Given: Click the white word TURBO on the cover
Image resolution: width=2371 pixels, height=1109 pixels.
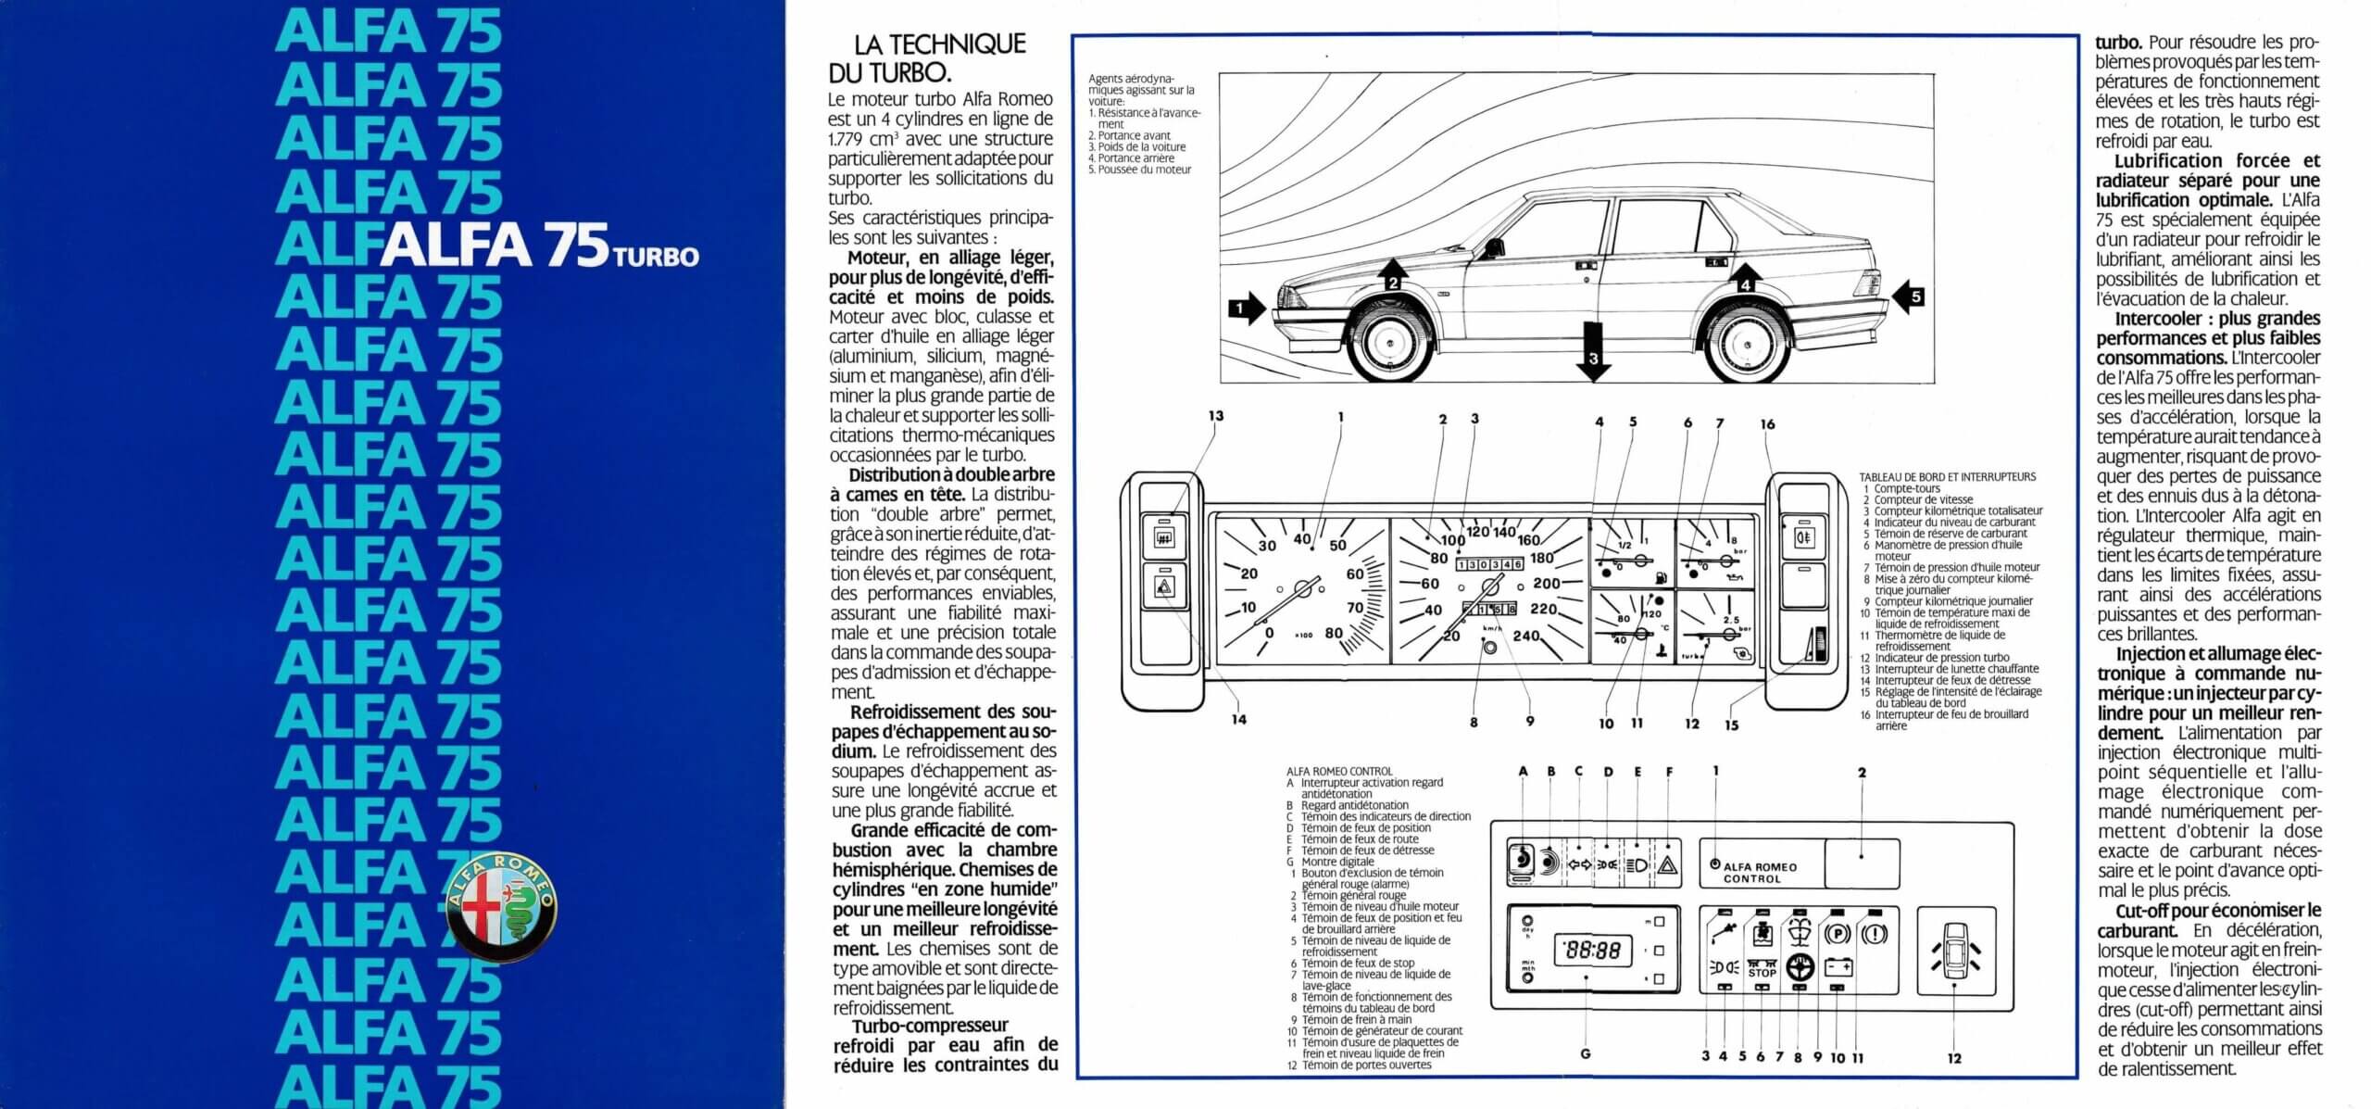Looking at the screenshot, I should [x=656, y=257].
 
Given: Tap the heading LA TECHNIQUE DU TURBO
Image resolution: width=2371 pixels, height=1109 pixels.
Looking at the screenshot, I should [x=939, y=57].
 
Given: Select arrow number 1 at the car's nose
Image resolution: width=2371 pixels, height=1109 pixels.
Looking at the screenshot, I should [x=1247, y=307].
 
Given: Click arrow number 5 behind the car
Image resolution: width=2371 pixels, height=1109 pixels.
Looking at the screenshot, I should [x=1909, y=297].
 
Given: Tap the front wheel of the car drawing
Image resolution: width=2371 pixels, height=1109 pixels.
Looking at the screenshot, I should [x=1390, y=344].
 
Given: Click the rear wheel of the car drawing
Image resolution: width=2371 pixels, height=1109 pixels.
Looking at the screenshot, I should [x=1747, y=344].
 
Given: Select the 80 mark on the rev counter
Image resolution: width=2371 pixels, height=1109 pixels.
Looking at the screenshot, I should [x=1334, y=634].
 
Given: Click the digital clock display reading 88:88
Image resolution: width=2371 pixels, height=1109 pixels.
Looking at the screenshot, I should [x=1592, y=950].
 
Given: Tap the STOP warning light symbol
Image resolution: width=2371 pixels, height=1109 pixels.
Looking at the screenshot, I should [x=1762, y=972].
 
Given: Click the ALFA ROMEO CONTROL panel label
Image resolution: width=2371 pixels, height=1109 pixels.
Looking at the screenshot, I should [x=1760, y=872].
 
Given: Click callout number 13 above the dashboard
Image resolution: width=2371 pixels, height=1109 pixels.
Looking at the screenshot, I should [x=1215, y=416].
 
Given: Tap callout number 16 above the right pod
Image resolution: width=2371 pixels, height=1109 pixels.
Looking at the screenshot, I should [x=1767, y=424].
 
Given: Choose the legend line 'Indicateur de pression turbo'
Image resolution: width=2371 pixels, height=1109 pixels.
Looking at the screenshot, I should [x=1942, y=658].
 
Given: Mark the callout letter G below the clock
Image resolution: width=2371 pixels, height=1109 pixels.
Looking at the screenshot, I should [x=1585, y=1053].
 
